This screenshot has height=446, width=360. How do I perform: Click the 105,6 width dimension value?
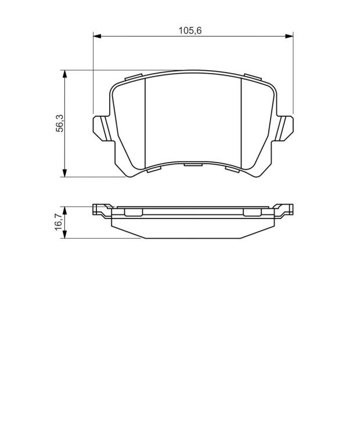pos(190,30)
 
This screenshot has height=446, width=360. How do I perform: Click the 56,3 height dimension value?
pos(60,123)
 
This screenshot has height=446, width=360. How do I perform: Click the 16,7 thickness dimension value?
pos(59,222)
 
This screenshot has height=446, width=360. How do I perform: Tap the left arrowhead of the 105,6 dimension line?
pos(97,36)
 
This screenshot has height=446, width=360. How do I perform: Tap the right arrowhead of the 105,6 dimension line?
pos(289,36)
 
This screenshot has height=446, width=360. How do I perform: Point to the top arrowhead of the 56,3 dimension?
pos(65,74)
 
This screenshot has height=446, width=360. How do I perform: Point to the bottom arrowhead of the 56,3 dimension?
pos(65,173)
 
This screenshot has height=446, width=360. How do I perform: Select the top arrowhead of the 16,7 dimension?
pos(65,211)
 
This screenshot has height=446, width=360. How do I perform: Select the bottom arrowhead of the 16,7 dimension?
pos(65,235)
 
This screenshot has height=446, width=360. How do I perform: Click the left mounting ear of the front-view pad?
pos(101,128)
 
